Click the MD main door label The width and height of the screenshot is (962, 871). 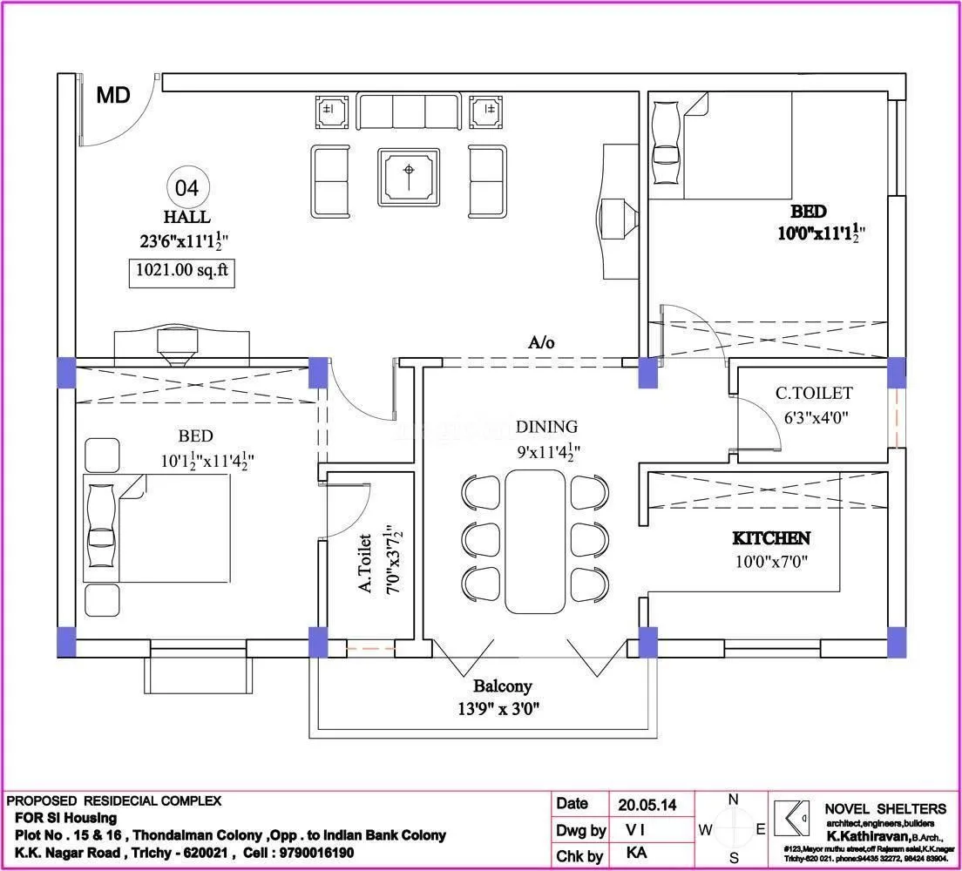pyautogui.click(x=113, y=95)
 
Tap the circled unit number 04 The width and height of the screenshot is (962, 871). pyautogui.click(x=187, y=187)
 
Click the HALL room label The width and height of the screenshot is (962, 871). pyautogui.click(x=186, y=217)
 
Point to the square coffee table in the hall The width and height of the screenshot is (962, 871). pyautogui.click(x=409, y=178)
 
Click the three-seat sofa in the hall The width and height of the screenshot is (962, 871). pyautogui.click(x=408, y=112)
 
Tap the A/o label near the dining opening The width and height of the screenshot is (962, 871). pyautogui.click(x=541, y=342)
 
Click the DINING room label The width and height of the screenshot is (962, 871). pyautogui.click(x=546, y=427)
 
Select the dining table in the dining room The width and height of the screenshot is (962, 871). pyautogui.click(x=535, y=542)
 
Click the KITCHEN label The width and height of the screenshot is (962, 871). pyautogui.click(x=771, y=539)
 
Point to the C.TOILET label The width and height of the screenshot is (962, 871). pyautogui.click(x=814, y=394)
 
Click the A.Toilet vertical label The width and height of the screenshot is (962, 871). pyautogui.click(x=365, y=564)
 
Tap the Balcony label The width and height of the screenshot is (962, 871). pyautogui.click(x=502, y=686)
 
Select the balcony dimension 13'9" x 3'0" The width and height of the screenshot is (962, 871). pyautogui.click(x=500, y=708)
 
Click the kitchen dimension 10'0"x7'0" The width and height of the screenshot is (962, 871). pyautogui.click(x=771, y=562)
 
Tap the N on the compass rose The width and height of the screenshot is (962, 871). pyautogui.click(x=734, y=800)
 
